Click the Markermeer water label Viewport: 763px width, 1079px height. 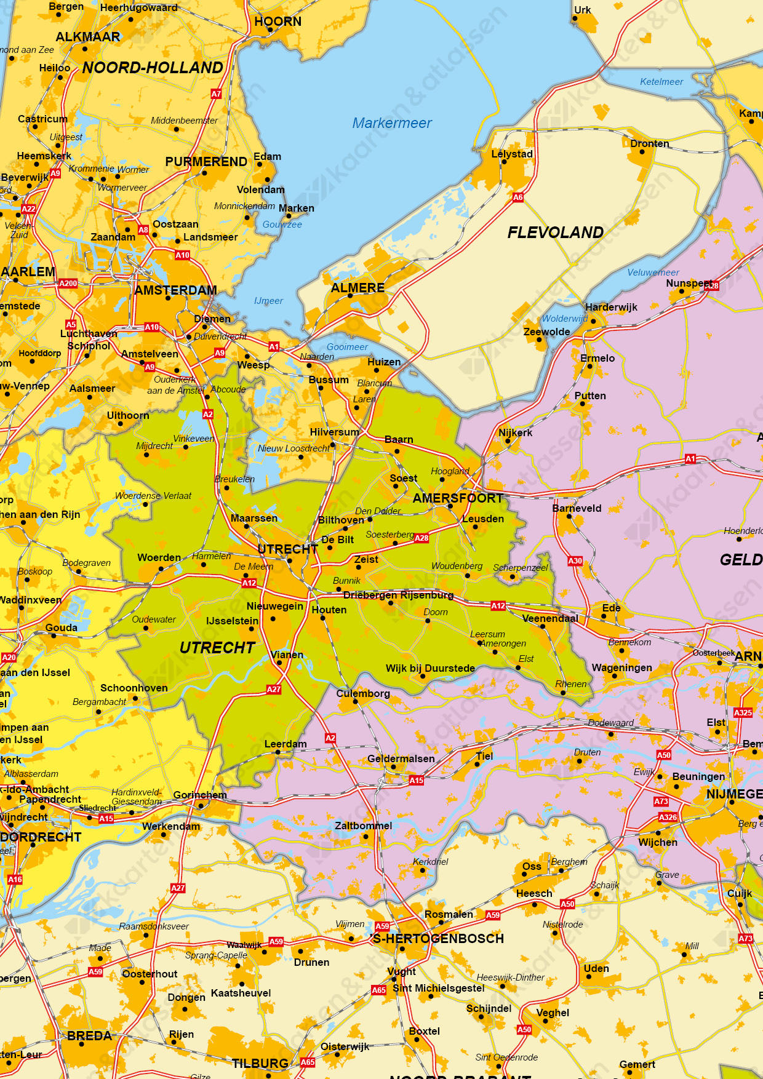(392, 123)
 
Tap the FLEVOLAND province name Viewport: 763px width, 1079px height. (555, 233)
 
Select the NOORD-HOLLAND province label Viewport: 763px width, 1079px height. (153, 68)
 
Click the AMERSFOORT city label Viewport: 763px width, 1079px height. (458, 498)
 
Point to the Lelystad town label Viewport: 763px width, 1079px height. (512, 154)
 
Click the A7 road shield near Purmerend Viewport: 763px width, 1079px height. (216, 94)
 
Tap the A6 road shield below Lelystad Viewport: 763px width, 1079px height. (518, 197)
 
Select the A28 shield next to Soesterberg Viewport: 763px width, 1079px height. (421, 538)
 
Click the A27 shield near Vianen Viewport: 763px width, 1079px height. (274, 690)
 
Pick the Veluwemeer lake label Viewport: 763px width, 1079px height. (653, 273)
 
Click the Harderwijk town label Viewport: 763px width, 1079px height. (611, 307)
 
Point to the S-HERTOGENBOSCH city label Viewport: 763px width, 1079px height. (438, 939)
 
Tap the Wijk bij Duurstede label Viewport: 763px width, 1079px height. (430, 668)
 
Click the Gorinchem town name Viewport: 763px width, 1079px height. (200, 795)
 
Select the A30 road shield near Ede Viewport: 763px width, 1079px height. (575, 561)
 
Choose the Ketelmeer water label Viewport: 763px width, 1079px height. (661, 82)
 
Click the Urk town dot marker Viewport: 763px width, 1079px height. (575, 18)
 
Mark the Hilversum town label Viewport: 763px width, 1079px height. (334, 432)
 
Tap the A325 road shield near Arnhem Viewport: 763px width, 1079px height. (743, 712)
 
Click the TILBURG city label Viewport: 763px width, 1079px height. (260, 1063)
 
